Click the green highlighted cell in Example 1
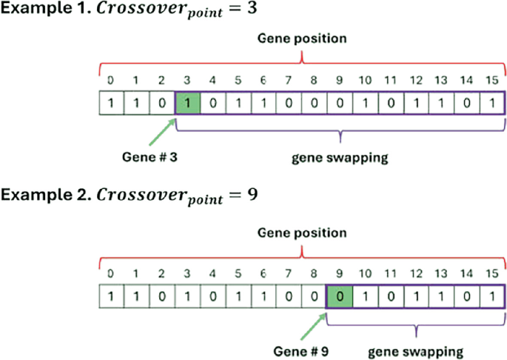pyautogui.click(x=187, y=103)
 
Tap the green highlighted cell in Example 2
pyautogui.click(x=340, y=296)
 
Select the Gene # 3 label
pyautogui.click(x=150, y=157)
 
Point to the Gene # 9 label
pyautogui.click(x=301, y=351)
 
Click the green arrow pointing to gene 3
pyautogui.click(x=162, y=132)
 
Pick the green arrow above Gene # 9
pyautogui.click(x=313, y=327)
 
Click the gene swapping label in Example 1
pyautogui.click(x=340, y=158)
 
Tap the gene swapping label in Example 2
pyautogui.click(x=416, y=352)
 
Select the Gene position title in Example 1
pyautogui.click(x=302, y=39)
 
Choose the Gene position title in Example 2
pyautogui.click(x=302, y=233)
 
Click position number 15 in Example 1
pyautogui.click(x=492, y=80)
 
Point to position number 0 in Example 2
pyautogui.click(x=110, y=273)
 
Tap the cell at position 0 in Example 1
pyautogui.click(x=111, y=103)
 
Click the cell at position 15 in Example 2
pyautogui.click(x=492, y=296)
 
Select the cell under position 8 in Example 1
pyautogui.click(x=314, y=103)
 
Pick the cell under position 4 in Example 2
pyautogui.click(x=212, y=296)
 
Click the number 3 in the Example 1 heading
pyautogui.click(x=252, y=7)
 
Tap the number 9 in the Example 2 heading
pyautogui.click(x=252, y=195)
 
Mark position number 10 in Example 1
pyautogui.click(x=365, y=80)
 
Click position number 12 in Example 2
pyautogui.click(x=416, y=273)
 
